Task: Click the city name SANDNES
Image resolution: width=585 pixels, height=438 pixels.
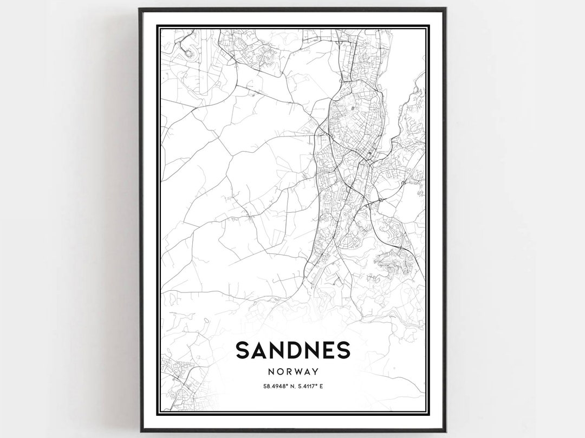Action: tap(292, 351)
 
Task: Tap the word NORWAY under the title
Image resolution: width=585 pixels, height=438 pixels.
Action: tap(292, 372)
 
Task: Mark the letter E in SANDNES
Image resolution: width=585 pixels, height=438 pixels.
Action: tap(329, 351)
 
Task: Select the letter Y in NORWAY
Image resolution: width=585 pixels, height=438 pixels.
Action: tap(314, 372)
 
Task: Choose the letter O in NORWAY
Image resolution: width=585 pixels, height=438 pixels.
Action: tap(278, 372)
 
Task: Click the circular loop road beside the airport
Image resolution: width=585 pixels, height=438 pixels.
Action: tap(189, 53)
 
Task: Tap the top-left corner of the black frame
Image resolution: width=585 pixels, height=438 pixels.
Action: tap(140, 9)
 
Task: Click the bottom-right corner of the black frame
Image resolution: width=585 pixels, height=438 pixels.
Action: tap(445, 430)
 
